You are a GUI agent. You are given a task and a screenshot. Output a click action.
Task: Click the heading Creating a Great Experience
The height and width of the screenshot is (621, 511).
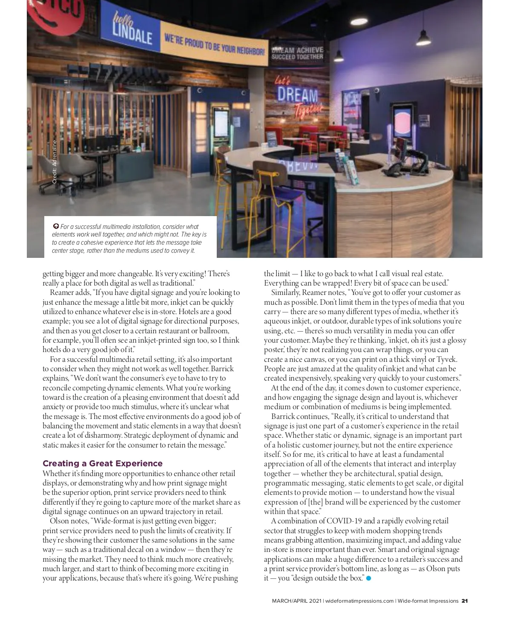102,463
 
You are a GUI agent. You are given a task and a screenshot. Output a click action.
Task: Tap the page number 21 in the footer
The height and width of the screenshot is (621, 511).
464,601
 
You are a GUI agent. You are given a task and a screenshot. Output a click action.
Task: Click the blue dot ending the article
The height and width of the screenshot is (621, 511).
369,578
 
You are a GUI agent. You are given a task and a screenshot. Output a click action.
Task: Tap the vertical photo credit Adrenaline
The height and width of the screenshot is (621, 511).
55,162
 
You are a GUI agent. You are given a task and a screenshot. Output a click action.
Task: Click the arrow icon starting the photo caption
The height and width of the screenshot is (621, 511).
55,226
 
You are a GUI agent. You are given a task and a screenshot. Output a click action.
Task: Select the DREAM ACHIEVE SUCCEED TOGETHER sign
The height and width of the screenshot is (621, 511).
297,53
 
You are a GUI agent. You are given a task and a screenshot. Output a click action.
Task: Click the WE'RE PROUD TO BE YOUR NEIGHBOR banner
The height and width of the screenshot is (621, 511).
214,46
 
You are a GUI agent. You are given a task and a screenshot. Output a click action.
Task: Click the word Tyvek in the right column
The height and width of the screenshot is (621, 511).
447,359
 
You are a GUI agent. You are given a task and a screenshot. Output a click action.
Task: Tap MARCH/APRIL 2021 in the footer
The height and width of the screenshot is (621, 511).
297,601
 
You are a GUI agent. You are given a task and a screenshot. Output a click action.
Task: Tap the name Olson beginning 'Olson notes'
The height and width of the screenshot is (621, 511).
59,521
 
